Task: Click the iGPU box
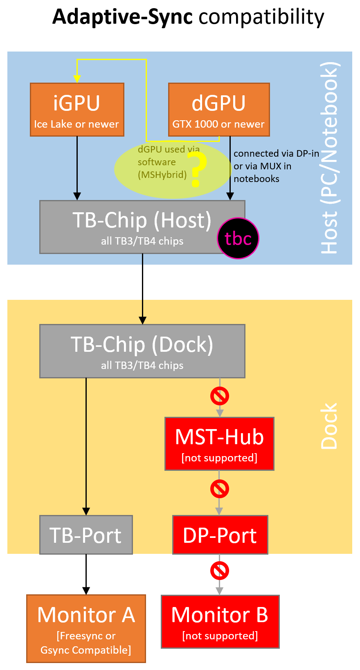click(77, 110)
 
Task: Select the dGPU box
click(219, 110)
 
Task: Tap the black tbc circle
click(238, 238)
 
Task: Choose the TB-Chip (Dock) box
click(142, 351)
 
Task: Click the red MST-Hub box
click(219, 444)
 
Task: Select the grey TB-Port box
click(86, 535)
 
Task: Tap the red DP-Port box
click(220, 535)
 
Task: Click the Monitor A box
click(86, 628)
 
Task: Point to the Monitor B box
click(220, 622)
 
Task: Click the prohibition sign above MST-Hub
click(220, 396)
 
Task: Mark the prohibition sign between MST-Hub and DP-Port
click(220, 489)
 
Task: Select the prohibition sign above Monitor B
click(220, 571)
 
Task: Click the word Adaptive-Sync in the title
click(122, 17)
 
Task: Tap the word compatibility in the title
click(261, 17)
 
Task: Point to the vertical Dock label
click(329, 426)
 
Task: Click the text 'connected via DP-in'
click(276, 153)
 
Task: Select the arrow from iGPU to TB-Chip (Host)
click(77, 168)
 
